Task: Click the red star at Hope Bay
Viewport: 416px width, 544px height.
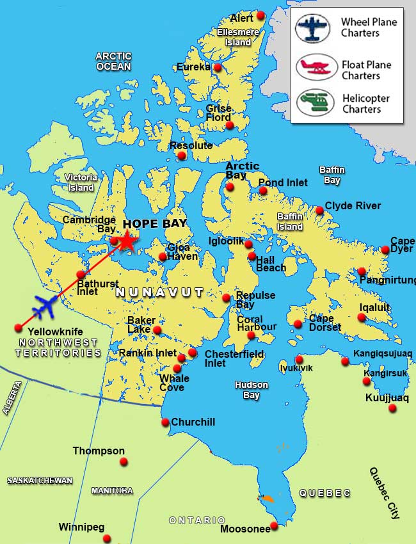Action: (x=127, y=241)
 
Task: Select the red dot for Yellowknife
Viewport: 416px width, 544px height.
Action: (x=18, y=328)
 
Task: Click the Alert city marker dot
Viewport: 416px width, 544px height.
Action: (x=260, y=15)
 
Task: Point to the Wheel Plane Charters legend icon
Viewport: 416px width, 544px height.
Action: (x=312, y=28)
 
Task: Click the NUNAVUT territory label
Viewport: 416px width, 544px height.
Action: (x=159, y=292)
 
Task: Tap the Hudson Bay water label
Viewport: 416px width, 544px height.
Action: (x=251, y=390)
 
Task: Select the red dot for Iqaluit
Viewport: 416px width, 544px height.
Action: (x=362, y=317)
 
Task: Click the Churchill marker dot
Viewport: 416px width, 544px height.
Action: (x=165, y=422)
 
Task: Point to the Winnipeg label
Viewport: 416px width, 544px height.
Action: (x=81, y=527)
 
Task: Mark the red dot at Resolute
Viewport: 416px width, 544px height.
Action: (x=182, y=156)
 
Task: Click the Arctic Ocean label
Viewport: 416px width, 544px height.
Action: (x=113, y=61)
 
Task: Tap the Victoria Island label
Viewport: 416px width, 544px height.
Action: (x=81, y=182)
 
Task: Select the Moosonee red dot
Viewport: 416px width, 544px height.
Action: (x=274, y=525)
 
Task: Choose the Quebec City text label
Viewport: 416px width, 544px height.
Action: (x=386, y=492)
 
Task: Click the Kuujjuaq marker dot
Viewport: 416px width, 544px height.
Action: (x=392, y=408)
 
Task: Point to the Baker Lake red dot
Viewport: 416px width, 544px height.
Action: (x=157, y=330)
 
